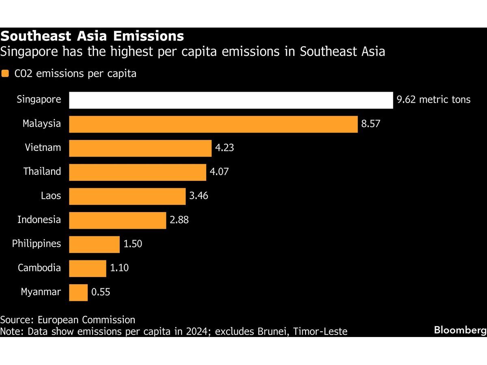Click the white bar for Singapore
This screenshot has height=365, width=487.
coord(231,100)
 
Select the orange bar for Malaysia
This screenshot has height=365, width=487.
coord(213,124)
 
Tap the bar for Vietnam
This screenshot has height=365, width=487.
coord(140,148)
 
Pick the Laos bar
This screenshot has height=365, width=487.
coord(127,196)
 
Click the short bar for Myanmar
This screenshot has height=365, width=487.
coord(78,292)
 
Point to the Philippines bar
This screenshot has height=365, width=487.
coord(94,245)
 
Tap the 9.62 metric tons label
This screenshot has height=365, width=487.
coord(433,100)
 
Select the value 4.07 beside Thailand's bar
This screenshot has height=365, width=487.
coord(219,172)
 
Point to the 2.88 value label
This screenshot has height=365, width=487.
coord(179,220)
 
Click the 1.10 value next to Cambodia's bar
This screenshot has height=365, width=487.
coord(119,268)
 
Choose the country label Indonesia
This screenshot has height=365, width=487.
coord(39,220)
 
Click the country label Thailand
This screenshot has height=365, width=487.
coord(42,172)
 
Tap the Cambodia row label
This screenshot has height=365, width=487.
coord(39,268)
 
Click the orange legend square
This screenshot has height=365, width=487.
coord(5,74)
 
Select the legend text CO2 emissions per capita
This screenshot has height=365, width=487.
coord(75,74)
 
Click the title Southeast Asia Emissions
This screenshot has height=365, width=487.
coord(92,36)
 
